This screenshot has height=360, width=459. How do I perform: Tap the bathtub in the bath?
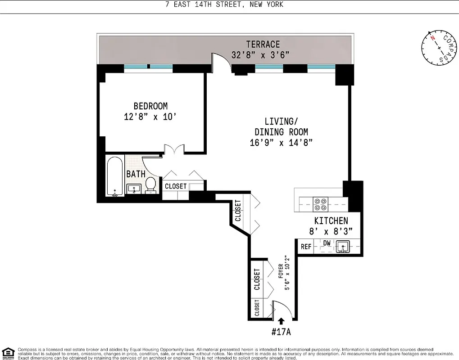115,176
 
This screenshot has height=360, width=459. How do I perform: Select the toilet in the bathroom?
150,184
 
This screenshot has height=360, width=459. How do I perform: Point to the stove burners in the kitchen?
320,205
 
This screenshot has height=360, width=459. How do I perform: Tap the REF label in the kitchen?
306,247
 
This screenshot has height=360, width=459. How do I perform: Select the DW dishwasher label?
327,243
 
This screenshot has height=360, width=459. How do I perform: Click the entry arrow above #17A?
282,321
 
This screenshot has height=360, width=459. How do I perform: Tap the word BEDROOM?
150,106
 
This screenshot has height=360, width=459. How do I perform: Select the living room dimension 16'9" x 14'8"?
281,143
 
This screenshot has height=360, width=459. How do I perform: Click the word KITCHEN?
331,220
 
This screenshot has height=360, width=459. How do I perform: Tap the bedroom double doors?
173,150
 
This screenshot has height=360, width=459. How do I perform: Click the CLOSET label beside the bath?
176,186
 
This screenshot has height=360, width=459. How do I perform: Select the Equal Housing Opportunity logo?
8,353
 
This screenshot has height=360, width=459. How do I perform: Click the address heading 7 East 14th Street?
224,4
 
